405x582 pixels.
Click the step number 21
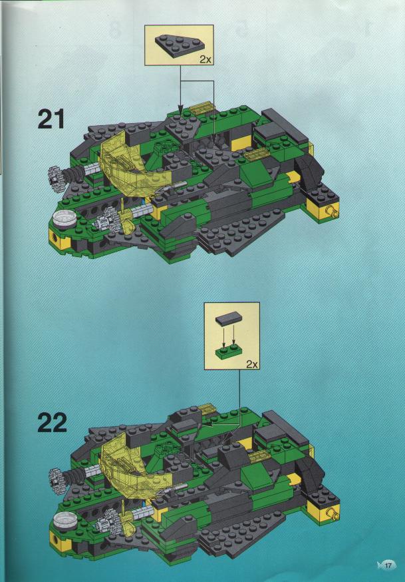[51, 119]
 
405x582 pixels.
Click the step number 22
[52, 422]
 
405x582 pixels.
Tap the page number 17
[388, 565]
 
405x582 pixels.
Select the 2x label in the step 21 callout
[205, 59]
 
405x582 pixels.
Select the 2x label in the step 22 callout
[252, 364]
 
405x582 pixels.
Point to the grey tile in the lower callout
[229, 319]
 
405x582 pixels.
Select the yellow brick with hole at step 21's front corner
[59, 239]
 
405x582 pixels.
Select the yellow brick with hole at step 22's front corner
[60, 542]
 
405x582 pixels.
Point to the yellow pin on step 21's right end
[331, 212]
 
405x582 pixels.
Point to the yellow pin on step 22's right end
[332, 513]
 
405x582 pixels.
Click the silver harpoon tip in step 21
[170, 188]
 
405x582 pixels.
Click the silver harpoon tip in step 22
[171, 489]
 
